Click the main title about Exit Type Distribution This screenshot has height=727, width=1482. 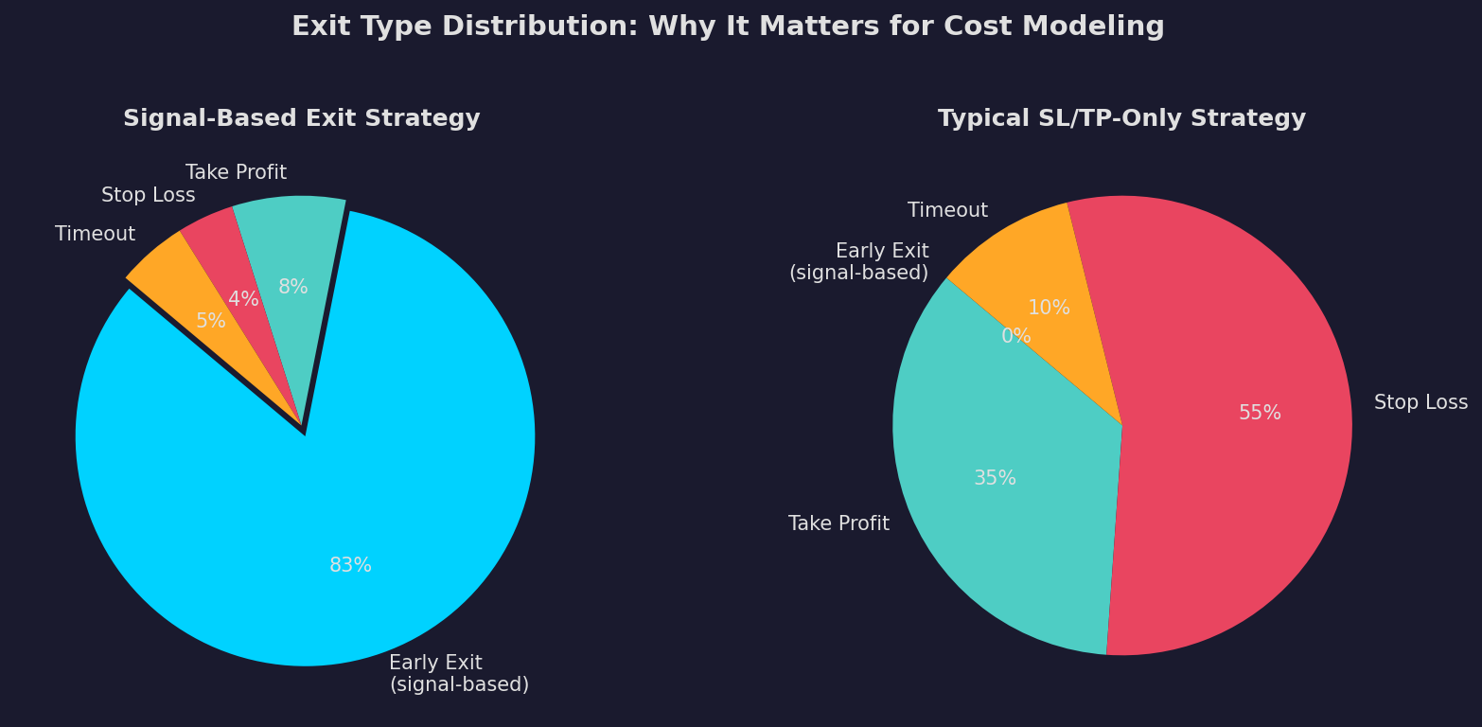click(728, 27)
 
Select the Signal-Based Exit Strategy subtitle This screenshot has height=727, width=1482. click(301, 119)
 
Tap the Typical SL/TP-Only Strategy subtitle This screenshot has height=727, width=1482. click(1121, 119)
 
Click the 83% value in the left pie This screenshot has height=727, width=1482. click(350, 565)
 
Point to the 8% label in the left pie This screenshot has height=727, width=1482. click(292, 287)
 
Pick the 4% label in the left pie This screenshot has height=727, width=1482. click(243, 299)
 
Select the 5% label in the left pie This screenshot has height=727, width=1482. click(210, 321)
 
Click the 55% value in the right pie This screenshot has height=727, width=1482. click(1260, 413)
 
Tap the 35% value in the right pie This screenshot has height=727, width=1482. click(995, 478)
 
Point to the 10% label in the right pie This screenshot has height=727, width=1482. click(1049, 308)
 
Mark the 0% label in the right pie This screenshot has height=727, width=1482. click(1015, 336)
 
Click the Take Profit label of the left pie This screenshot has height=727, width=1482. click(236, 172)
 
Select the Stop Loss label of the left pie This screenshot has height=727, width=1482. click(148, 195)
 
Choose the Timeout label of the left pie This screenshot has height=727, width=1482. click(95, 234)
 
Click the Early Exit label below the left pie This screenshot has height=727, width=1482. click(458, 674)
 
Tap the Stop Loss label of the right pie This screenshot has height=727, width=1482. click(1420, 402)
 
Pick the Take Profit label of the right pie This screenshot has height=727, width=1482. click(838, 523)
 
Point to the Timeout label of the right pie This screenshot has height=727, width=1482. click(947, 210)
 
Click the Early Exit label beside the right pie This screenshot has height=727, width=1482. click(859, 262)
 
